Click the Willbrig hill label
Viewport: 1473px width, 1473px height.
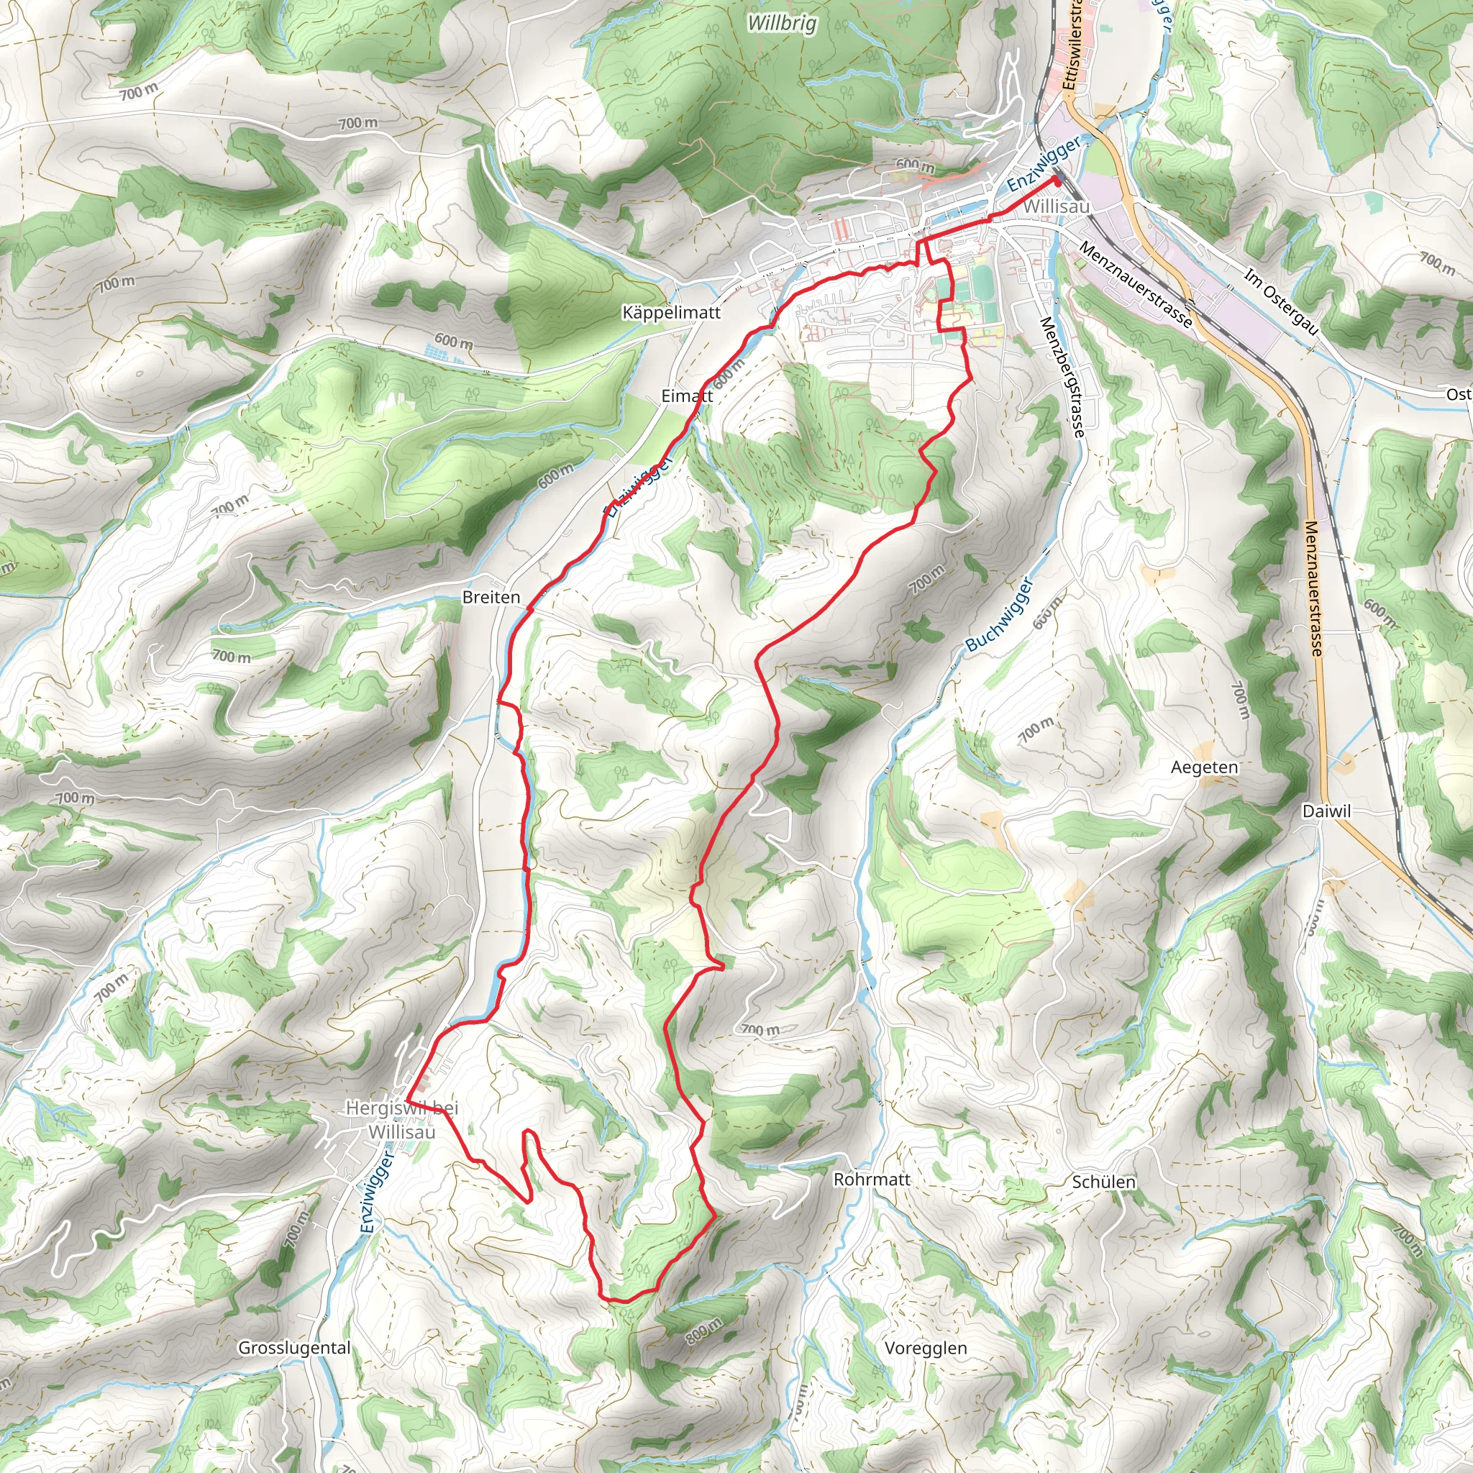coord(782,23)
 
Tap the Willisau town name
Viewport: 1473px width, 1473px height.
coord(1056,206)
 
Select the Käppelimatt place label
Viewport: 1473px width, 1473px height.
coord(671,313)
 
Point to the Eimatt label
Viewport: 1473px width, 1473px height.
coord(687,396)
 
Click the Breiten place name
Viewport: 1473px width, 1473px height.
coord(491,597)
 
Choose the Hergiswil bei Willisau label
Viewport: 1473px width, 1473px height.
coord(402,1119)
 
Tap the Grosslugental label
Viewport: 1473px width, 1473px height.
coord(294,1347)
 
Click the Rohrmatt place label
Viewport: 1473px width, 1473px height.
coord(872,1179)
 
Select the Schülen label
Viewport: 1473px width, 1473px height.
coord(1103,1182)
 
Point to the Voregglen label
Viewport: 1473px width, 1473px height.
coord(926,1347)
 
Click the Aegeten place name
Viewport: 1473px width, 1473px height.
coord(1205,767)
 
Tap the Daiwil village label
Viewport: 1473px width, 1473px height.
coord(1326,811)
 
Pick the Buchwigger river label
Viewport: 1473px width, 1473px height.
coord(1000,614)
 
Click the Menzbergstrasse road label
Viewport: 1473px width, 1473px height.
coord(1062,378)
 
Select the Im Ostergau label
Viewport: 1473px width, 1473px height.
coord(1281,302)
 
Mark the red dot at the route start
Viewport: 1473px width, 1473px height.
coord(1057,180)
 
